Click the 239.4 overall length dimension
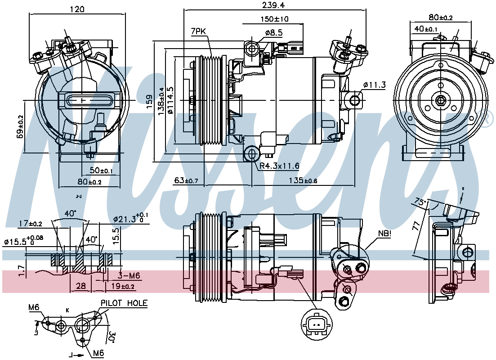tap(275, 5)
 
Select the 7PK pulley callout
tap(199, 31)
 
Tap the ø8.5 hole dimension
tap(273, 32)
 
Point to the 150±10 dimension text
tap(274, 19)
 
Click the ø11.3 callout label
tap(374, 85)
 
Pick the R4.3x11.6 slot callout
tap(279, 166)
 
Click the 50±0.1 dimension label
tap(101, 171)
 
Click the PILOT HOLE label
tap(124, 303)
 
